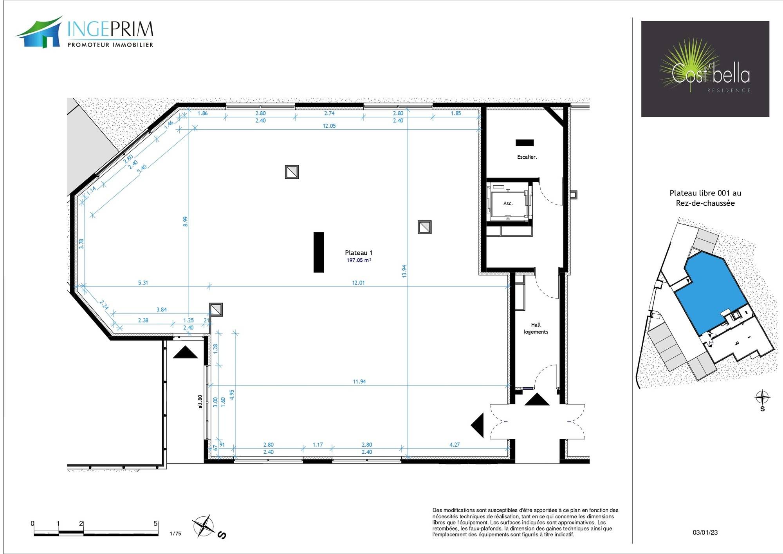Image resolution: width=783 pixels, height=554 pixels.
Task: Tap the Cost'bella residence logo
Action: click(x=705, y=69)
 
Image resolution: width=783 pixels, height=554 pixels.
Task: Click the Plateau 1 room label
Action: click(x=359, y=253)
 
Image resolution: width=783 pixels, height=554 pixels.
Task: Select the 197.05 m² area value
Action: click(x=359, y=260)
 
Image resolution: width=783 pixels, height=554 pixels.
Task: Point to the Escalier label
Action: click(x=527, y=157)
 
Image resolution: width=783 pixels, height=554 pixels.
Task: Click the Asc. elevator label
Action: click(x=508, y=203)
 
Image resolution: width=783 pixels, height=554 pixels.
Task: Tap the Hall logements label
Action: click(x=536, y=328)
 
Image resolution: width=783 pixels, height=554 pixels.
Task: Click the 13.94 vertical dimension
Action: click(x=404, y=271)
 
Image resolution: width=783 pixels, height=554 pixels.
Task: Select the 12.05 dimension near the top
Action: click(x=329, y=126)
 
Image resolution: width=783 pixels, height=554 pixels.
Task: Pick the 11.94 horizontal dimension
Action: click(x=359, y=381)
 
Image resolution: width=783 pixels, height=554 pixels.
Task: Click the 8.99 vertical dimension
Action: click(x=186, y=221)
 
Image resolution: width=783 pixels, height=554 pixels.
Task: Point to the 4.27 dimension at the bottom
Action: click(x=455, y=445)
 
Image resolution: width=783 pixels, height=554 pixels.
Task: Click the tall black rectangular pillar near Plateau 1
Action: click(x=319, y=252)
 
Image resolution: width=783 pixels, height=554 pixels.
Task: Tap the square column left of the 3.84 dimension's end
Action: click(x=216, y=310)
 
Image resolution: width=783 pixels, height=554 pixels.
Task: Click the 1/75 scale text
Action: click(x=175, y=534)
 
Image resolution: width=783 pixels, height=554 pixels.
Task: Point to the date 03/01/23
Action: click(x=705, y=532)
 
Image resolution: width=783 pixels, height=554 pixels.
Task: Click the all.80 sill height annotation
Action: click(x=200, y=402)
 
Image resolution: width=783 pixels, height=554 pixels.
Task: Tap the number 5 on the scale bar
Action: click(x=155, y=524)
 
